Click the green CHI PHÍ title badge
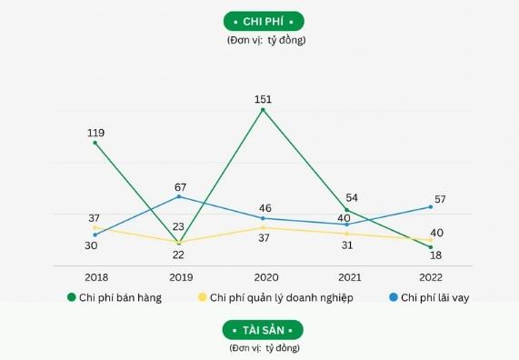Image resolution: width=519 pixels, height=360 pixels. pyautogui.click(x=264, y=21)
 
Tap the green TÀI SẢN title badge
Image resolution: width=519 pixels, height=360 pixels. pyautogui.click(x=263, y=329)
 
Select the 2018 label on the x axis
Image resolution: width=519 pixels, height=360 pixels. pyautogui.click(x=95, y=276)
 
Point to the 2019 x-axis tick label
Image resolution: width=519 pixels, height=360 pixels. pyautogui.click(x=180, y=276)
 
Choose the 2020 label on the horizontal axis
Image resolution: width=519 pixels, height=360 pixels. pyautogui.click(x=264, y=276)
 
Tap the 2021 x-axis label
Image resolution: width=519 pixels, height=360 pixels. pyautogui.click(x=348, y=276)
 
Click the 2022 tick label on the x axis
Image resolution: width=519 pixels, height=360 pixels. pyautogui.click(x=432, y=276)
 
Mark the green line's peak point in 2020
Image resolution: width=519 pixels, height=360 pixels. pyautogui.click(x=264, y=110)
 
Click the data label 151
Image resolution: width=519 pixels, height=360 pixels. pyautogui.click(x=264, y=99)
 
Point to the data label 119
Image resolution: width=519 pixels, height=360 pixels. pyautogui.click(x=95, y=133)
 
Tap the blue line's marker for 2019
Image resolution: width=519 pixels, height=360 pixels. pyautogui.click(x=180, y=196)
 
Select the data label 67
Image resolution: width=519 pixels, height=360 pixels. pyautogui.click(x=180, y=186)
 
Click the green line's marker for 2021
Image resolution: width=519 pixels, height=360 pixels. pyautogui.click(x=347, y=210)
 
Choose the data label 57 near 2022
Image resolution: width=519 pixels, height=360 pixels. pyautogui.click(x=440, y=199)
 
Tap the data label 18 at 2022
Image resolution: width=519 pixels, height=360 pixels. pyautogui.click(x=437, y=256)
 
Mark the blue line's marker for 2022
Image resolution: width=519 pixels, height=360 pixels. pyautogui.click(x=431, y=207)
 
